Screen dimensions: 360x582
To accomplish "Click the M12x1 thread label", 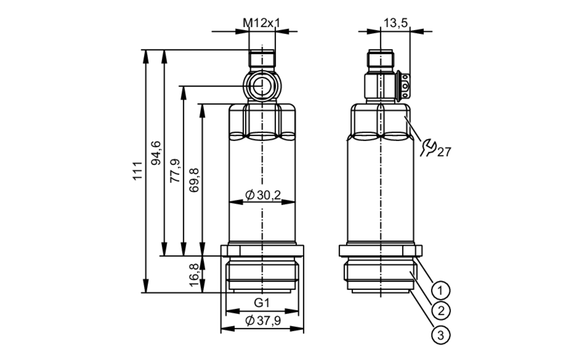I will (261, 23).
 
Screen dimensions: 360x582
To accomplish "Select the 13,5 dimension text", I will (395, 23).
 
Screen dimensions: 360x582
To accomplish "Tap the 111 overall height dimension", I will (137, 171).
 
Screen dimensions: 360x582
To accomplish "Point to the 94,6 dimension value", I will (156, 153).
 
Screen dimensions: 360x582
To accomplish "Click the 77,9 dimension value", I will (175, 171).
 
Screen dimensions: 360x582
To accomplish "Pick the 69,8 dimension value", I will (194, 180).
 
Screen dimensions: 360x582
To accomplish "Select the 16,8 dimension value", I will (194, 275).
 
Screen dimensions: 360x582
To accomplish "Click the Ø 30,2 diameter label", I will (263, 195).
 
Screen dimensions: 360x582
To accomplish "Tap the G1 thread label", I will (262, 303).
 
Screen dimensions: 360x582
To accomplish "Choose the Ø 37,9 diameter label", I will (263, 321).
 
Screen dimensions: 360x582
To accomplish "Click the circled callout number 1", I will (440, 290).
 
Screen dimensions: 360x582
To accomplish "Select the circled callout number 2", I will (441, 311).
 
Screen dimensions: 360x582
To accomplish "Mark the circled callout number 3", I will (441, 335).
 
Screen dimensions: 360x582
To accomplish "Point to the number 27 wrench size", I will (444, 152).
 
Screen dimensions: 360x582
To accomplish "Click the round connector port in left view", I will (262, 86).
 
